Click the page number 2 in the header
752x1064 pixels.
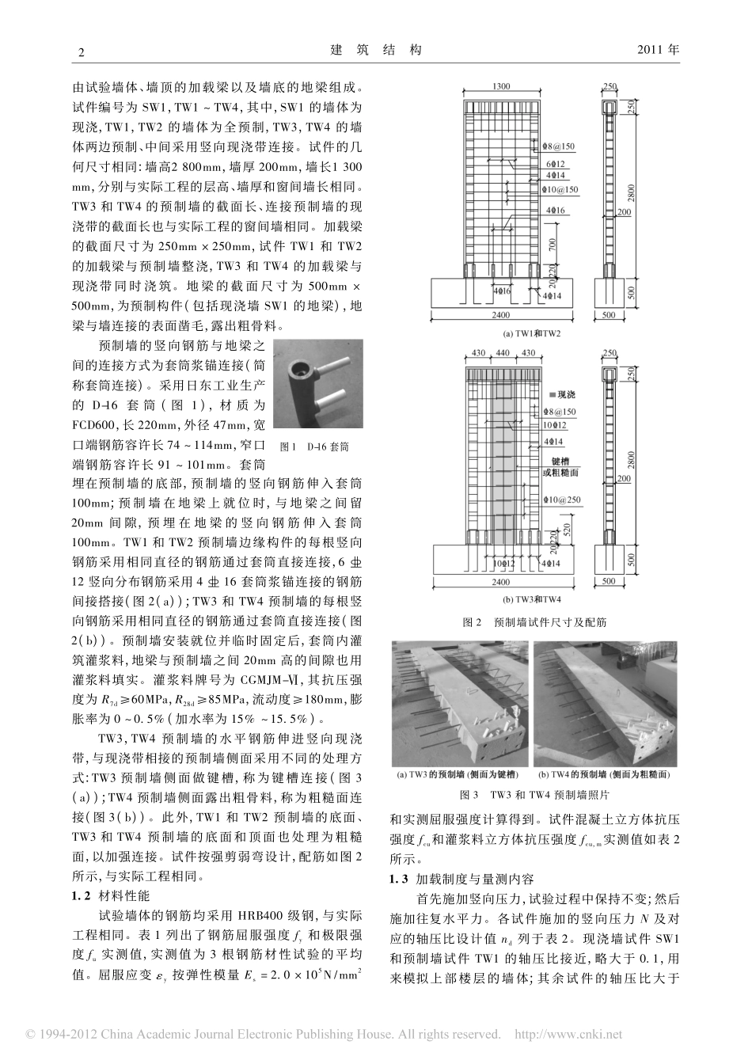point(78,51)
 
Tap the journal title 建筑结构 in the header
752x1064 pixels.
point(376,50)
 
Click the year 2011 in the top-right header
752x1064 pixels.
point(658,50)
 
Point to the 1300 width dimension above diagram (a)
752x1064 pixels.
point(500,87)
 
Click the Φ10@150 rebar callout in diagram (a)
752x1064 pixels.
point(561,190)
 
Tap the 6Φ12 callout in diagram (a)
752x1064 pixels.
point(555,162)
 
